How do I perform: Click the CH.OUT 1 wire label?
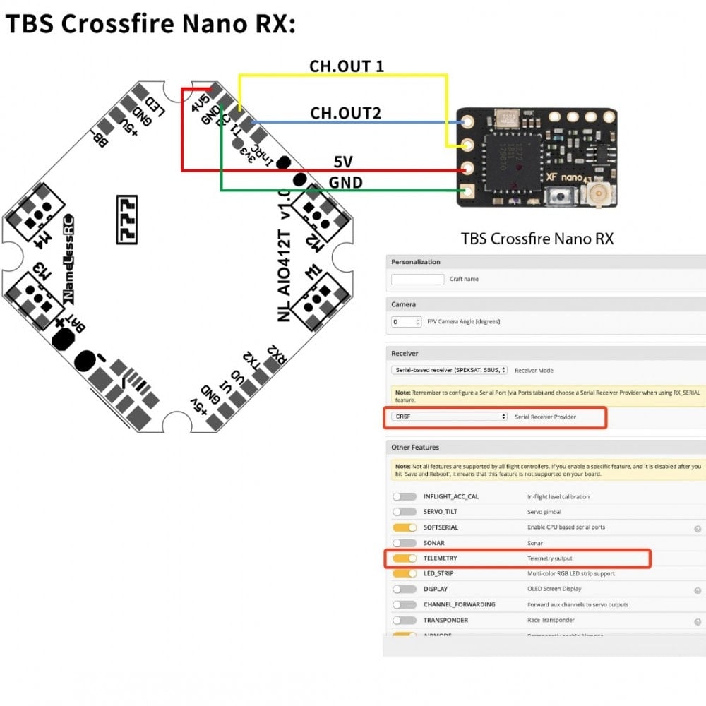tap(346, 66)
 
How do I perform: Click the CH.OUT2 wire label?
tap(346, 113)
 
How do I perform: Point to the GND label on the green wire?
tap(346, 183)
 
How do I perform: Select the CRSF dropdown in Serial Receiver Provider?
tap(449, 417)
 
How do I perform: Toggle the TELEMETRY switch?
tap(405, 558)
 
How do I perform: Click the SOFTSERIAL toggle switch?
tap(405, 527)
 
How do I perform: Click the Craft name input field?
tap(417, 279)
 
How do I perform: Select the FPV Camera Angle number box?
tap(406, 321)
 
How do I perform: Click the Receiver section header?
tap(405, 353)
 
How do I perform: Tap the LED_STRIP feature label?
tap(438, 573)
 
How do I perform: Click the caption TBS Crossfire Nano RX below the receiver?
tap(537, 239)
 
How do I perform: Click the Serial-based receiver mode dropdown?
tap(449, 369)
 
